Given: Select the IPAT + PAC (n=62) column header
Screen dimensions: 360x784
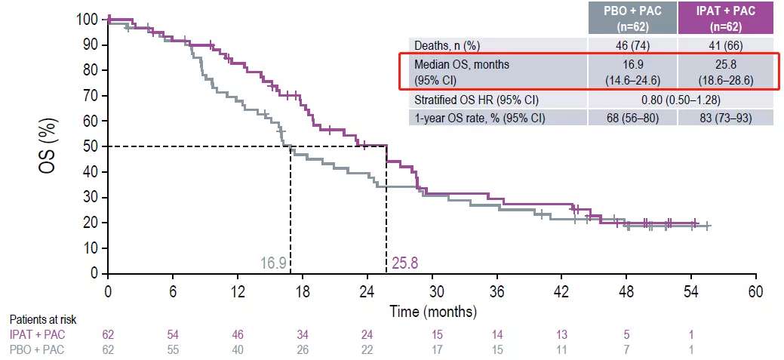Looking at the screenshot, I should (725, 17).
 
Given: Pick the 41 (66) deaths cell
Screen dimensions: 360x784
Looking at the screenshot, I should (725, 45).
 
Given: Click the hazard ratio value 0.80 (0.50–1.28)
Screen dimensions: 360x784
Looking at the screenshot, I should (678, 100).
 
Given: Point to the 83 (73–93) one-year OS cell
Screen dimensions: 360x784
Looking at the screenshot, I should (725, 118).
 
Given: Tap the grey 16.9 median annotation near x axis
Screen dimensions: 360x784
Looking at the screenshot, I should (273, 263).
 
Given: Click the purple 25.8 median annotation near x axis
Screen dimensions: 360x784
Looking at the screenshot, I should (404, 263).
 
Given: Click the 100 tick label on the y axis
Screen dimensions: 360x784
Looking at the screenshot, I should (87, 20).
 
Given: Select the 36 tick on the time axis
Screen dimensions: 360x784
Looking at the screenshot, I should (497, 291).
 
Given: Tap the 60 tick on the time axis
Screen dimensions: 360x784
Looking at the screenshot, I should (755, 291).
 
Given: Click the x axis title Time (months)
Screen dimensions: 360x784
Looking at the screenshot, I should (433, 311).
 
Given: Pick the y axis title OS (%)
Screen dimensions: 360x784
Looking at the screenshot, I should (48, 145).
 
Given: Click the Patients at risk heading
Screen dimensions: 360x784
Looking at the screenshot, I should (43, 321).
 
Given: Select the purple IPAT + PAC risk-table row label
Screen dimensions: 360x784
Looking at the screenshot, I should (35, 334).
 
